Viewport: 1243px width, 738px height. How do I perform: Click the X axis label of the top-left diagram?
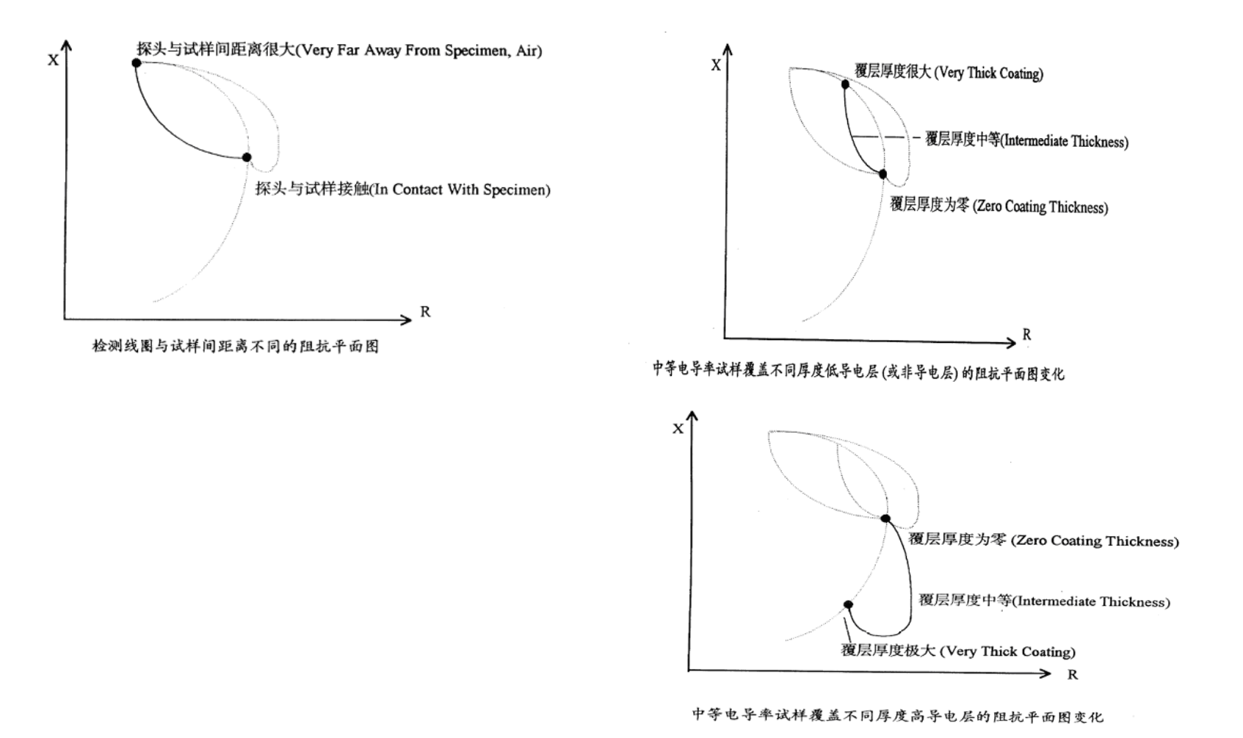point(53,59)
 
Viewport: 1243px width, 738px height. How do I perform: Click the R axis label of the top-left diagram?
point(425,312)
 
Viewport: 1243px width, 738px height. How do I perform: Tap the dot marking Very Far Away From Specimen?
point(137,63)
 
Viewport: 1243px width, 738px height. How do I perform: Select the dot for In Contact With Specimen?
point(247,157)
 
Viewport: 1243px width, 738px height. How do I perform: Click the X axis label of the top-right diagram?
point(716,65)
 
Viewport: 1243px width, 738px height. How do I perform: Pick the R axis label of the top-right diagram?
point(1026,335)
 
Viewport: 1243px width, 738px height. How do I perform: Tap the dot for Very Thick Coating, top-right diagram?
point(845,84)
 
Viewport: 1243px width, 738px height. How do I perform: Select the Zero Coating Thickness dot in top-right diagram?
point(883,175)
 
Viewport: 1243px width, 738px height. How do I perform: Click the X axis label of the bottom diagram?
point(678,428)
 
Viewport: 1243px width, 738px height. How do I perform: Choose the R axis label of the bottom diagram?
point(1073,674)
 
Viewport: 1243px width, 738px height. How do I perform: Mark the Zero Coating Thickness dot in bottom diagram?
point(885,518)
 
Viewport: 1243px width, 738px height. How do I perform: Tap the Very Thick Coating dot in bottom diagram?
point(848,605)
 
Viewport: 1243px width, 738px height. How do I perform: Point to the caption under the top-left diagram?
point(235,346)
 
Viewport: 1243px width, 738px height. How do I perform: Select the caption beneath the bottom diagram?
point(897,715)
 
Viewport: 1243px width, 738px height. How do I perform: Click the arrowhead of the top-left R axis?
point(407,319)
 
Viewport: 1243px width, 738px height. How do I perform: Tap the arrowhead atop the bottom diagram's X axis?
point(692,416)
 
